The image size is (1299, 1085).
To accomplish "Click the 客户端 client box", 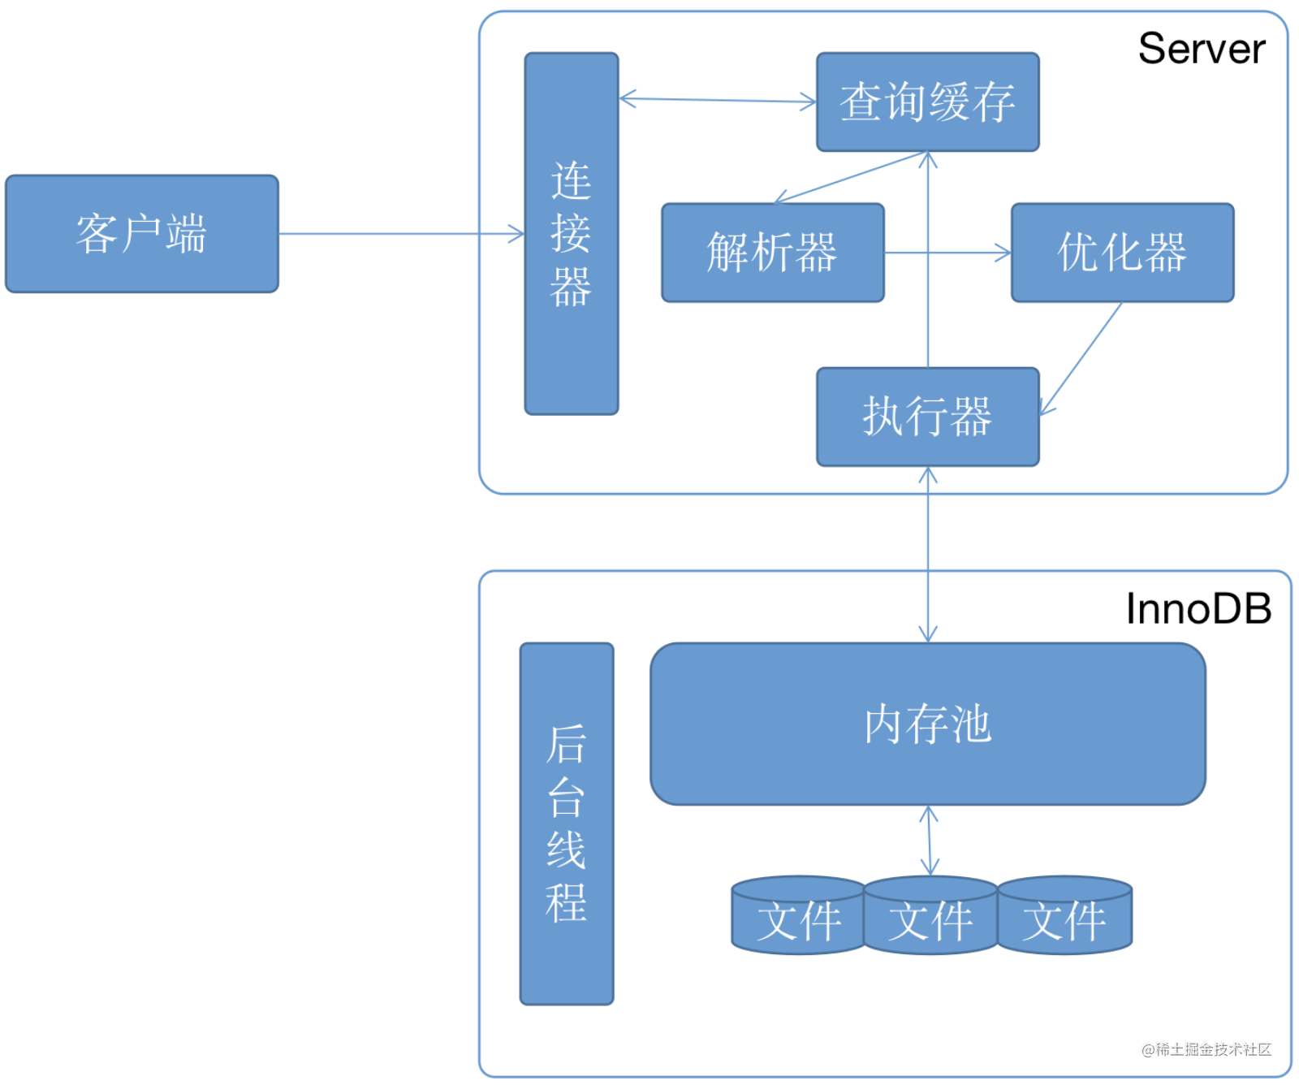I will click(142, 234).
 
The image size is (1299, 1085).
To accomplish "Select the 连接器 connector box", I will click(571, 234).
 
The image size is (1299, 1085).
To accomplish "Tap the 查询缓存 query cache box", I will click(927, 102).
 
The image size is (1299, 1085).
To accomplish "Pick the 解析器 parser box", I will click(772, 253).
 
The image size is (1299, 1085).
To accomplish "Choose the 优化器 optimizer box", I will click(1122, 253).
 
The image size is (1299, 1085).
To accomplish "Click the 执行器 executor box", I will click(927, 417).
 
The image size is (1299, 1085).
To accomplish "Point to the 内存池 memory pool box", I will click(927, 724).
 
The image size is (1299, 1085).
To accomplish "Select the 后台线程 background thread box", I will click(566, 823).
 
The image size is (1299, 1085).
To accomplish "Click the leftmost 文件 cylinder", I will click(798, 918).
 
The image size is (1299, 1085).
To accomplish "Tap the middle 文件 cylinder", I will click(930, 918).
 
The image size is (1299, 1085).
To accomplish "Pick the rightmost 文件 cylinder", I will click(1064, 918).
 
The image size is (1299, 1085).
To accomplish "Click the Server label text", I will click(1201, 49).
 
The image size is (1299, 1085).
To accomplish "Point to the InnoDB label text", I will click(1198, 609).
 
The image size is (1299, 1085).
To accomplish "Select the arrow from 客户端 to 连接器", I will click(402, 234).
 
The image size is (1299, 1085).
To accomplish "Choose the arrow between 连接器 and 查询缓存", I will click(718, 101).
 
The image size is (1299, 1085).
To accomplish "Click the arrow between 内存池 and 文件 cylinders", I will click(930, 841).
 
